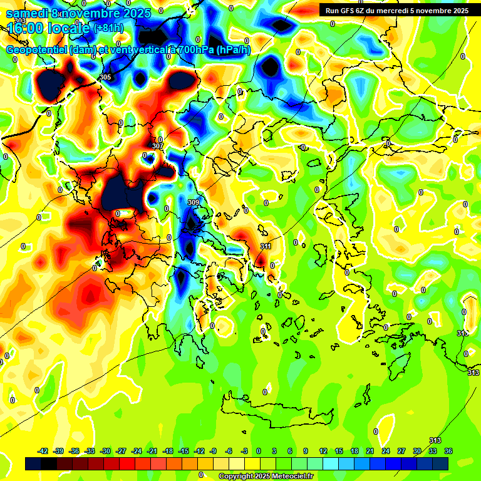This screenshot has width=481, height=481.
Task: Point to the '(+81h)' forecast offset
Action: click(108, 28)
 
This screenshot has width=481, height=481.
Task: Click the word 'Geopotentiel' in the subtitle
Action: click(37, 50)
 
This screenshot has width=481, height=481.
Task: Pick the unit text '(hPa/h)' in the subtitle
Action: click(233, 50)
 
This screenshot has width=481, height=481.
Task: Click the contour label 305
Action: click(105, 77)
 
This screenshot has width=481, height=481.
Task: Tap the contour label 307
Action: click(158, 146)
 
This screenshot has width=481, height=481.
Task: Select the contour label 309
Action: click(194, 202)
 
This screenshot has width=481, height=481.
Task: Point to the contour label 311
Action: click(266, 246)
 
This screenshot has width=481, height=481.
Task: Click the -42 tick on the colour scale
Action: click(43, 451)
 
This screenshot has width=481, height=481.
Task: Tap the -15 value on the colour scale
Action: click(184, 451)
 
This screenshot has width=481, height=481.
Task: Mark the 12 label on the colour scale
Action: click(323, 451)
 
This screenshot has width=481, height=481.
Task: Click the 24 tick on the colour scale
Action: click(386, 451)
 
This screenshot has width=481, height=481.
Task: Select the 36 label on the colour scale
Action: click(448, 451)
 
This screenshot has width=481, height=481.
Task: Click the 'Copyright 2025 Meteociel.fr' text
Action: click(266, 476)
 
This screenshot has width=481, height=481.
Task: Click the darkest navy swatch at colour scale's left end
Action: click(33, 463)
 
